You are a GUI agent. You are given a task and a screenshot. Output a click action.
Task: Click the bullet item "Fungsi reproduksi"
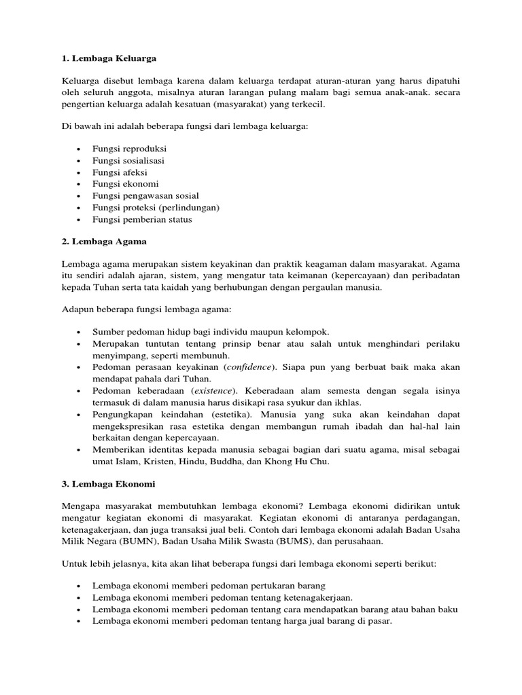pyautogui.click(x=130, y=148)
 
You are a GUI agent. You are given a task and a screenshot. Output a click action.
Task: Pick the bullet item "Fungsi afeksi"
pyautogui.click(x=120, y=172)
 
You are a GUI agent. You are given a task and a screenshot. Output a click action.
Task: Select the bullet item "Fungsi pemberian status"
pyautogui.click(x=142, y=219)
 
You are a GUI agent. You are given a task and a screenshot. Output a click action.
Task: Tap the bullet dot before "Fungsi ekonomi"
pyautogui.click(x=80, y=185)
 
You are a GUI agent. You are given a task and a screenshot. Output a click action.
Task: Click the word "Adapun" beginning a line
pyautogui.click(x=77, y=310)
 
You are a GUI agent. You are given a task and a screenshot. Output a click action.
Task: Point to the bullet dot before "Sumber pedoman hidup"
pyautogui.click(x=80, y=332)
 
